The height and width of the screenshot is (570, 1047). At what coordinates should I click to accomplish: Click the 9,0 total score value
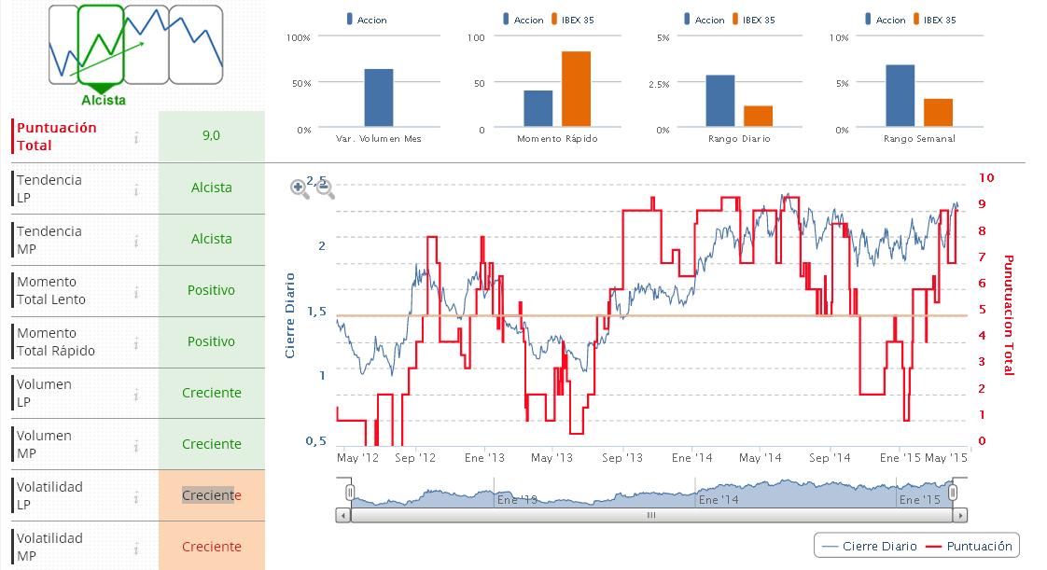coord(211,136)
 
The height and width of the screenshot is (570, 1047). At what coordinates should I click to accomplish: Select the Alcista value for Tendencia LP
coord(211,188)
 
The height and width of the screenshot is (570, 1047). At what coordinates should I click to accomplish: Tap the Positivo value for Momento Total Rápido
coord(211,341)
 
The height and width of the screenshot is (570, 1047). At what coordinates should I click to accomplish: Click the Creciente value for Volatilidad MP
coord(211,547)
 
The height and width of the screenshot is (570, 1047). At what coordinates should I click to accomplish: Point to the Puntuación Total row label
coord(57,136)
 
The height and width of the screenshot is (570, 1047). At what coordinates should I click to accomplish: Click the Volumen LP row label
coord(44,393)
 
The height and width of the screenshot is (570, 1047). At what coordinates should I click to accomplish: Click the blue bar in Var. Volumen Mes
coord(378,97)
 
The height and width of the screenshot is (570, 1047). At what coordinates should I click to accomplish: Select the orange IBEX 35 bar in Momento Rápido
coord(576,89)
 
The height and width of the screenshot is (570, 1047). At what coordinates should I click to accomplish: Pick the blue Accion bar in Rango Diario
coord(720,100)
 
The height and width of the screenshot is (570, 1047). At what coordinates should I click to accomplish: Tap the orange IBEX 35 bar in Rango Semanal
coord(938,112)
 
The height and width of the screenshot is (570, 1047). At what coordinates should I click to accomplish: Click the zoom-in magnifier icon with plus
coord(300,188)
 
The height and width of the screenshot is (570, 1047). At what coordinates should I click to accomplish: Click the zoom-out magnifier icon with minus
coord(325,188)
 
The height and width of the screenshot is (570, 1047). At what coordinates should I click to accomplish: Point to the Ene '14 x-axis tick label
coord(691,458)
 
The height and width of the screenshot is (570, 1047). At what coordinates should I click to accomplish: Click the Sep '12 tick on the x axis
coord(415,458)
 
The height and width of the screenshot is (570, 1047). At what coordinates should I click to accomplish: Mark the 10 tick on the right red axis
coord(987,177)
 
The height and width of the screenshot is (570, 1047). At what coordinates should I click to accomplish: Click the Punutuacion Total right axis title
coord(1008,315)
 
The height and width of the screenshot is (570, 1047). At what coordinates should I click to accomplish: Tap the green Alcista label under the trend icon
coord(104,100)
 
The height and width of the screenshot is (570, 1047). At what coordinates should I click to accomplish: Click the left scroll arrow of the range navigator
coord(343,515)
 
